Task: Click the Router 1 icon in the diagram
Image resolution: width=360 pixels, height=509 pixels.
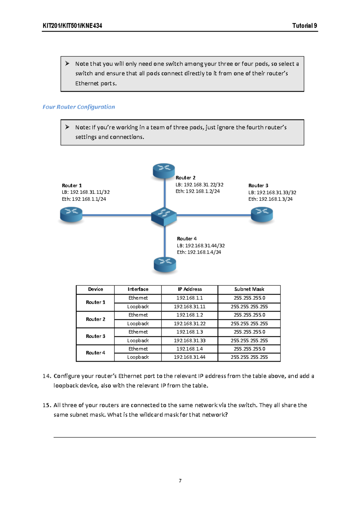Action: [x=71, y=215]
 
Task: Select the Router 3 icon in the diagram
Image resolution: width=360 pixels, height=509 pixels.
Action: [x=262, y=215]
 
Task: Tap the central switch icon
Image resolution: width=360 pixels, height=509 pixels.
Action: [x=164, y=216]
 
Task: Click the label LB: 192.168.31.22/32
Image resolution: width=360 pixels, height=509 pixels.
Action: [x=199, y=185]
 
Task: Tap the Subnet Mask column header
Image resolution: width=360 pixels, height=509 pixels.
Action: [x=249, y=289]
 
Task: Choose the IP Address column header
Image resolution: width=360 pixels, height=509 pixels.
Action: [x=190, y=289]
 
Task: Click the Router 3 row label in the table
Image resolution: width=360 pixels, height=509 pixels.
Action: [x=95, y=336]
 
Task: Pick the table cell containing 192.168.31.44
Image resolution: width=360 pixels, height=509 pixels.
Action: [x=190, y=357]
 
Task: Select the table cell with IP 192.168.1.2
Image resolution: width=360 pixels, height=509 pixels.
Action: [x=190, y=315]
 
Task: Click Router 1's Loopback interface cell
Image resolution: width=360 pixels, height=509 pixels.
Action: [x=138, y=307]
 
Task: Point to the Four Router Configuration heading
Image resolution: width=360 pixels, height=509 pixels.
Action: [x=79, y=107]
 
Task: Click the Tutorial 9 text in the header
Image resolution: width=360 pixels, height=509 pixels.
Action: [x=304, y=26]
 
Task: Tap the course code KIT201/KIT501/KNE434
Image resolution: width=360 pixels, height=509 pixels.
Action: [x=72, y=26]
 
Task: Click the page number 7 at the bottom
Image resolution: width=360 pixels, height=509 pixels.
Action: [x=180, y=481]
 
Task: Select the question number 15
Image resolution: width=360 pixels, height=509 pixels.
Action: [x=46, y=405]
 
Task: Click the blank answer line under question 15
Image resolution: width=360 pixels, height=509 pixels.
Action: [x=184, y=437]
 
